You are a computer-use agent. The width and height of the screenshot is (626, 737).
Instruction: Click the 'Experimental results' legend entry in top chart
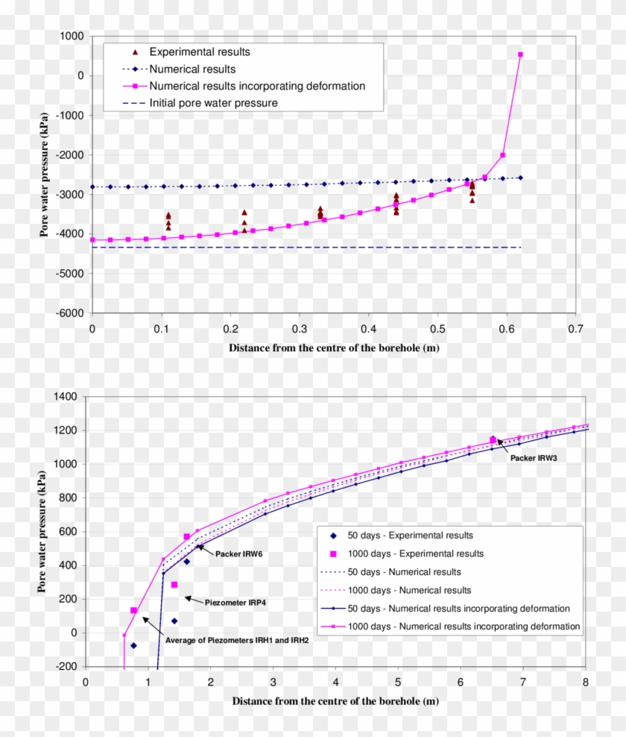pyautogui.click(x=199, y=52)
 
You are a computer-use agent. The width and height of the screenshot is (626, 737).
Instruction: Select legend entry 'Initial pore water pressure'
pyautogui.click(x=213, y=103)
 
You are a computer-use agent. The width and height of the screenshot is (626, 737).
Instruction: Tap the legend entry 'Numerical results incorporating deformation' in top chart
pyautogui.click(x=257, y=86)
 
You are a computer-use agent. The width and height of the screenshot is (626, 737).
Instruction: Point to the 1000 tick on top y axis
pyautogui.click(x=72, y=36)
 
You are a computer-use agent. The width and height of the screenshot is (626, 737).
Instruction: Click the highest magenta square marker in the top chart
pyautogui.click(x=520, y=54)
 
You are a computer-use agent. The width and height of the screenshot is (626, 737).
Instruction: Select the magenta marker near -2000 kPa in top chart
pyautogui.click(x=502, y=155)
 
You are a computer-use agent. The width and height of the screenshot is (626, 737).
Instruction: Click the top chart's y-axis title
pyautogui.click(x=45, y=175)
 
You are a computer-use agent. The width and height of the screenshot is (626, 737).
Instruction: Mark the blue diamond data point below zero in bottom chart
pyautogui.click(x=134, y=645)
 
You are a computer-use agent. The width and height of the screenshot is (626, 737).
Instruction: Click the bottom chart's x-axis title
pyautogui.click(x=335, y=701)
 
